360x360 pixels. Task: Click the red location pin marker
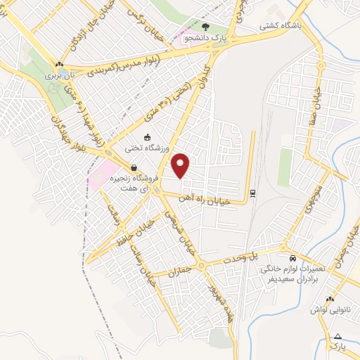pos(181,166)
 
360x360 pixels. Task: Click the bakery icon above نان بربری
pos(60,65)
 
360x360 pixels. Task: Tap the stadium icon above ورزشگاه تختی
pos(146,137)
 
